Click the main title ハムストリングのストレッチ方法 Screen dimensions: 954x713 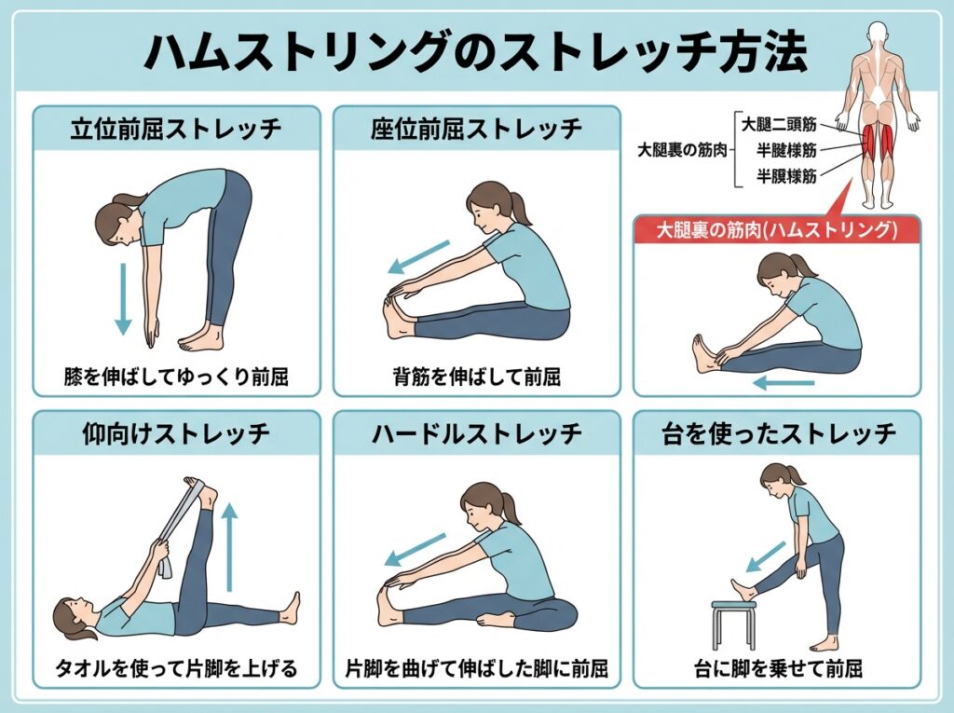[x=476, y=52]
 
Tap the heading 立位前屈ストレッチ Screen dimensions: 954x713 [x=176, y=129]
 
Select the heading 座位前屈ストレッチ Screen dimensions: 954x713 [x=477, y=129]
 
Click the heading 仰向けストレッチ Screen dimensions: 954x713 [x=176, y=433]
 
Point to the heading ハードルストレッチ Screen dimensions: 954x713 [x=477, y=433]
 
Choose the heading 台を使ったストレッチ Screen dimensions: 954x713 [x=778, y=433]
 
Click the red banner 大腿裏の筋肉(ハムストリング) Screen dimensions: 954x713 [x=777, y=229]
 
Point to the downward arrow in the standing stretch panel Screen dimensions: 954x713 [x=123, y=299]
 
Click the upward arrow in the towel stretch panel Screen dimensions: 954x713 [x=229, y=547]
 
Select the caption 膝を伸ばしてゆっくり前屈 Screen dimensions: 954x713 [x=176, y=377]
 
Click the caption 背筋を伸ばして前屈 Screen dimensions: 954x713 [x=477, y=377]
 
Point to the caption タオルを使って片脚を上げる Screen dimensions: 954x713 [x=176, y=668]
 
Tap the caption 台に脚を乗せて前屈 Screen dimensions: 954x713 [x=778, y=668]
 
